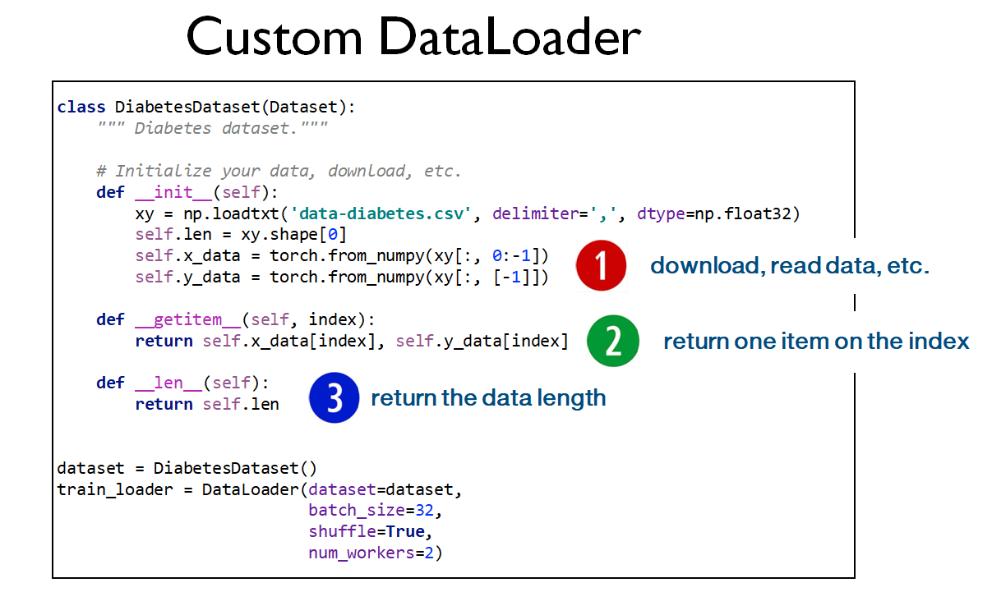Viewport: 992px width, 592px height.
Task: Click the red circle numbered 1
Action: point(601,266)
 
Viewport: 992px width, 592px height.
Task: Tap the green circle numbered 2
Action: point(613,341)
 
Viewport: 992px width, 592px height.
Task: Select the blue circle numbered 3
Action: point(334,398)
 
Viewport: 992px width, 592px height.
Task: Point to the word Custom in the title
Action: point(274,37)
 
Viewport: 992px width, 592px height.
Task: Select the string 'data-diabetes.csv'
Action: point(386,213)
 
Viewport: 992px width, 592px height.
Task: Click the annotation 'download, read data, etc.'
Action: point(790,265)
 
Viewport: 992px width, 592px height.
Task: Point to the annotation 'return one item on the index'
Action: point(816,341)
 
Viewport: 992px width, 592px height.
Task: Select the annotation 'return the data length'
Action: point(488,398)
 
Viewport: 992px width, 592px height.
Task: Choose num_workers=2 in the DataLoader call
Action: point(375,553)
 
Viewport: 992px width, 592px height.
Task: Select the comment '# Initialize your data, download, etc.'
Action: point(279,171)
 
